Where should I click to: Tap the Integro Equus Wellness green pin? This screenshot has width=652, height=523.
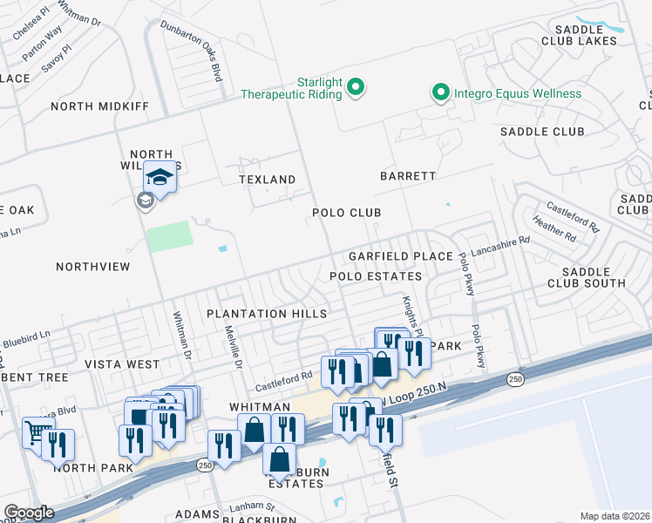coord(441,92)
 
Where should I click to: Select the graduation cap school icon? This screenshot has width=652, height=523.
coord(160,179)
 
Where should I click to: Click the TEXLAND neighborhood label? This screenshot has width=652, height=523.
coord(268,179)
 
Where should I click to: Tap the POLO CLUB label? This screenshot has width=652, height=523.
coord(347,213)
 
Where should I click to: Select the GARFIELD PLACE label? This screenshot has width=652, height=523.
coord(400,256)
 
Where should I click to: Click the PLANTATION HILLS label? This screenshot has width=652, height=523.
coord(267,313)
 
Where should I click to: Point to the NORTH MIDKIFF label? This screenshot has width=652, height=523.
coord(100,106)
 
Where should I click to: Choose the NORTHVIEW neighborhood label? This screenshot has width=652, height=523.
coord(92,266)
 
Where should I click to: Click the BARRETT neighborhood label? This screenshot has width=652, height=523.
coord(407,175)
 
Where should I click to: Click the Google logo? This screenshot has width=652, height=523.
coord(29,513)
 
